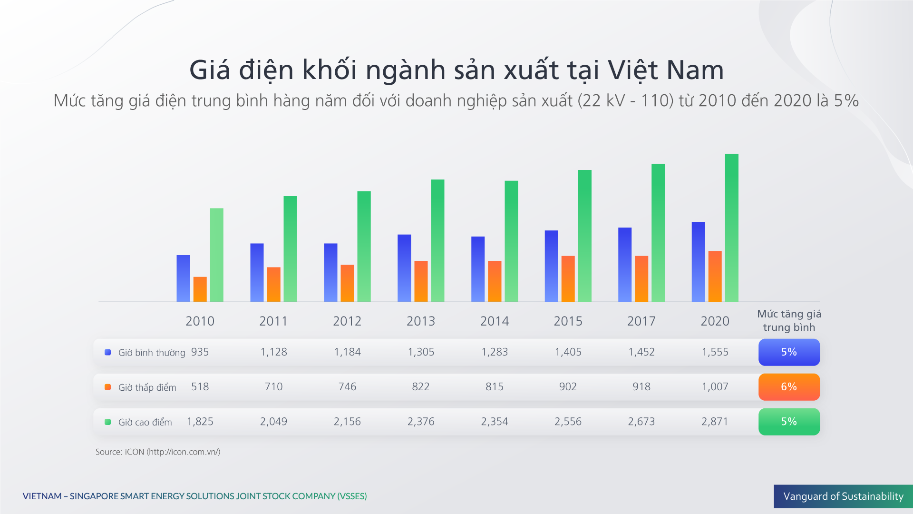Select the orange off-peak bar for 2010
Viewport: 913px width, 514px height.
pos(200,289)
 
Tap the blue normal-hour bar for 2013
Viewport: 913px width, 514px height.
pos(404,268)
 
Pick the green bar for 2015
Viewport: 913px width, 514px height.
pos(584,236)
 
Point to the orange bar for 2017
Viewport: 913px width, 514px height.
pos(641,278)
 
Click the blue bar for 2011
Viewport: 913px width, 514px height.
pos(257,272)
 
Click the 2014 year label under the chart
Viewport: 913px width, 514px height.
pos(495,321)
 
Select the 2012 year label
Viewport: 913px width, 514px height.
pos(347,321)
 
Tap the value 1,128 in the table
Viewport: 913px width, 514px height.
pos(273,352)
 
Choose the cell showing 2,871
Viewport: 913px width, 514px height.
pos(715,422)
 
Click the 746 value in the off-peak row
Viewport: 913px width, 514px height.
pos(347,387)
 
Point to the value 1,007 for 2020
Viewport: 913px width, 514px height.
pos(715,387)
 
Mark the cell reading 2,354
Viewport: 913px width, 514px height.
pos(495,422)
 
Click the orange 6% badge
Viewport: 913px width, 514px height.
pos(789,387)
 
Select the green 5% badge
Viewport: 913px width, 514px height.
pos(789,422)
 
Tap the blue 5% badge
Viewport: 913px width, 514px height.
pos(789,352)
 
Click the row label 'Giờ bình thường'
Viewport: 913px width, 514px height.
pos(152,353)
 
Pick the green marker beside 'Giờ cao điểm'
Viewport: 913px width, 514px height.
pos(108,422)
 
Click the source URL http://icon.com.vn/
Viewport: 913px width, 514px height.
pos(184,452)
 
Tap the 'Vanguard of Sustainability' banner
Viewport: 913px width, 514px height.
pos(843,496)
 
